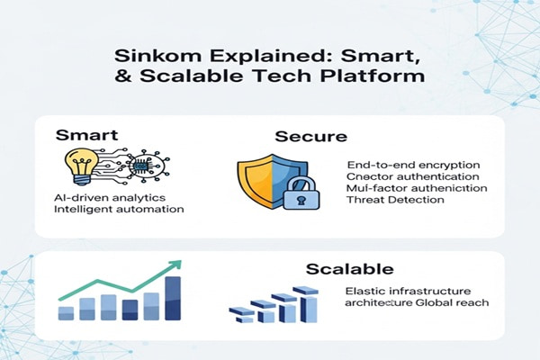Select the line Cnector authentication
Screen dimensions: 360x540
click(404, 176)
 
